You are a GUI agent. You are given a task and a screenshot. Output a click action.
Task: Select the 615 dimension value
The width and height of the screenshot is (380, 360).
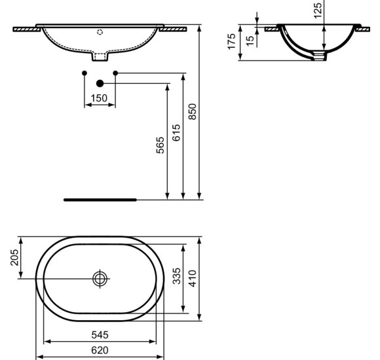pos(176,134)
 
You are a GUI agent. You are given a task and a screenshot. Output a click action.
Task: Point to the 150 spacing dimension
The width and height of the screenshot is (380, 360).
pos(98,98)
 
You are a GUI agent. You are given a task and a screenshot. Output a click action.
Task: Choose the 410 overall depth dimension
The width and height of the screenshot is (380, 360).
pos(193,279)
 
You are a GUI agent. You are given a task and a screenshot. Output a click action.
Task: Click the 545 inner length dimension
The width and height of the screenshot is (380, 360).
pos(100,334)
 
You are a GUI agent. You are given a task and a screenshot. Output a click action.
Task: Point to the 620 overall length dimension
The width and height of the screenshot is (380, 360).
pos(100,350)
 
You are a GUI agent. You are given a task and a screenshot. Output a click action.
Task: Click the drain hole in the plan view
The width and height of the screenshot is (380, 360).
pos(100,278)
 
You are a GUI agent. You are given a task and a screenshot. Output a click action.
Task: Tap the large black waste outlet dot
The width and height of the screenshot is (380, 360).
pos(100,83)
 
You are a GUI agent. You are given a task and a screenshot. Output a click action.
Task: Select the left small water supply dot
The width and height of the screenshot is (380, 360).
pos(83,72)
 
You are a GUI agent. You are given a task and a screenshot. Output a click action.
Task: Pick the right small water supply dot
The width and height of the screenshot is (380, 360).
pos(115,72)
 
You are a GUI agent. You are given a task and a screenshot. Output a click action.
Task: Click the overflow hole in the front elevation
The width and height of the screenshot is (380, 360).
pos(100,31)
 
